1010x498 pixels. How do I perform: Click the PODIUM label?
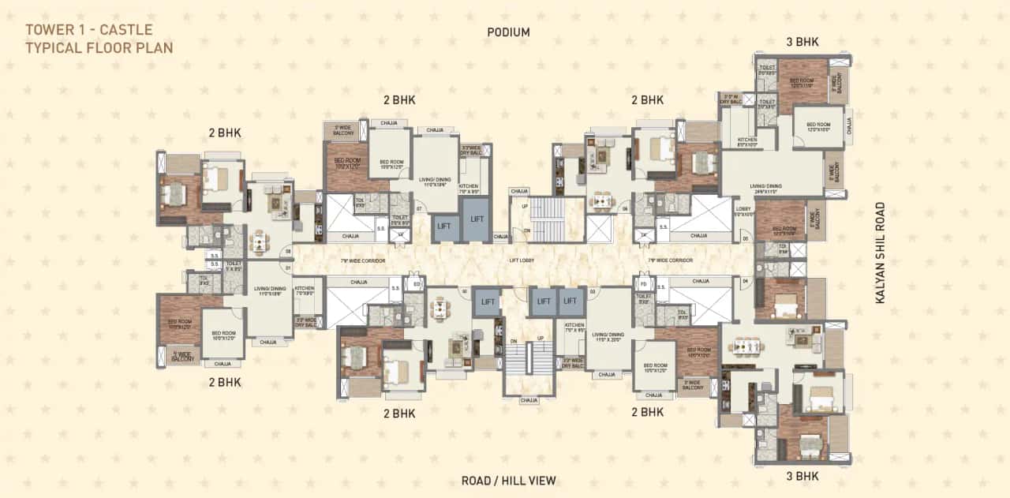[x=508, y=32]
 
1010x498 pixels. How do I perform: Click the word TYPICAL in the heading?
[x=54, y=47]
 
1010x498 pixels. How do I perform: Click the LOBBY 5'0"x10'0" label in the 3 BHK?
[x=745, y=212]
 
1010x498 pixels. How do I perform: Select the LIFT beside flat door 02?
[x=488, y=301]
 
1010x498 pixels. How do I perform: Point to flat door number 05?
[x=745, y=239]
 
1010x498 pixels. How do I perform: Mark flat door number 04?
[x=745, y=280]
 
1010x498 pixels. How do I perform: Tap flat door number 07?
[x=420, y=209]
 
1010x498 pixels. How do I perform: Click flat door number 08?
[x=288, y=251]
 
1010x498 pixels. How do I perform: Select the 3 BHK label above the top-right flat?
[x=802, y=42]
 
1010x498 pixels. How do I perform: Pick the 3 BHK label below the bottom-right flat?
[x=802, y=476]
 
